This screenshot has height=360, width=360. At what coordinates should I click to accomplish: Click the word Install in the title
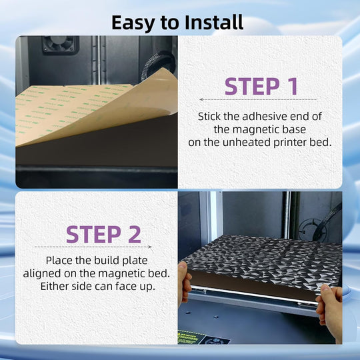pos(214,22)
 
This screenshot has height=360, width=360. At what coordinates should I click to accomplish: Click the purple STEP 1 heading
pos(261,86)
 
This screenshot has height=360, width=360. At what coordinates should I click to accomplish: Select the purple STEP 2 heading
pos(103,234)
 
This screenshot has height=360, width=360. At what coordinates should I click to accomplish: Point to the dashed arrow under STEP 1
pos(258,99)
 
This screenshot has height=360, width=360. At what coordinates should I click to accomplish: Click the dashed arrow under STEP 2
pos(93,247)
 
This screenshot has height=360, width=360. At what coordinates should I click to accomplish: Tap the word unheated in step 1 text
pos(247,143)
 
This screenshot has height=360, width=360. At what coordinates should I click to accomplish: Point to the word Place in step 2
pos(59,261)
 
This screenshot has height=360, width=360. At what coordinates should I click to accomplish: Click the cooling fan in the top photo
pos(61,43)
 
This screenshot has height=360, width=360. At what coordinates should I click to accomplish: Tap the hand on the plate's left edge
pos(184,285)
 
